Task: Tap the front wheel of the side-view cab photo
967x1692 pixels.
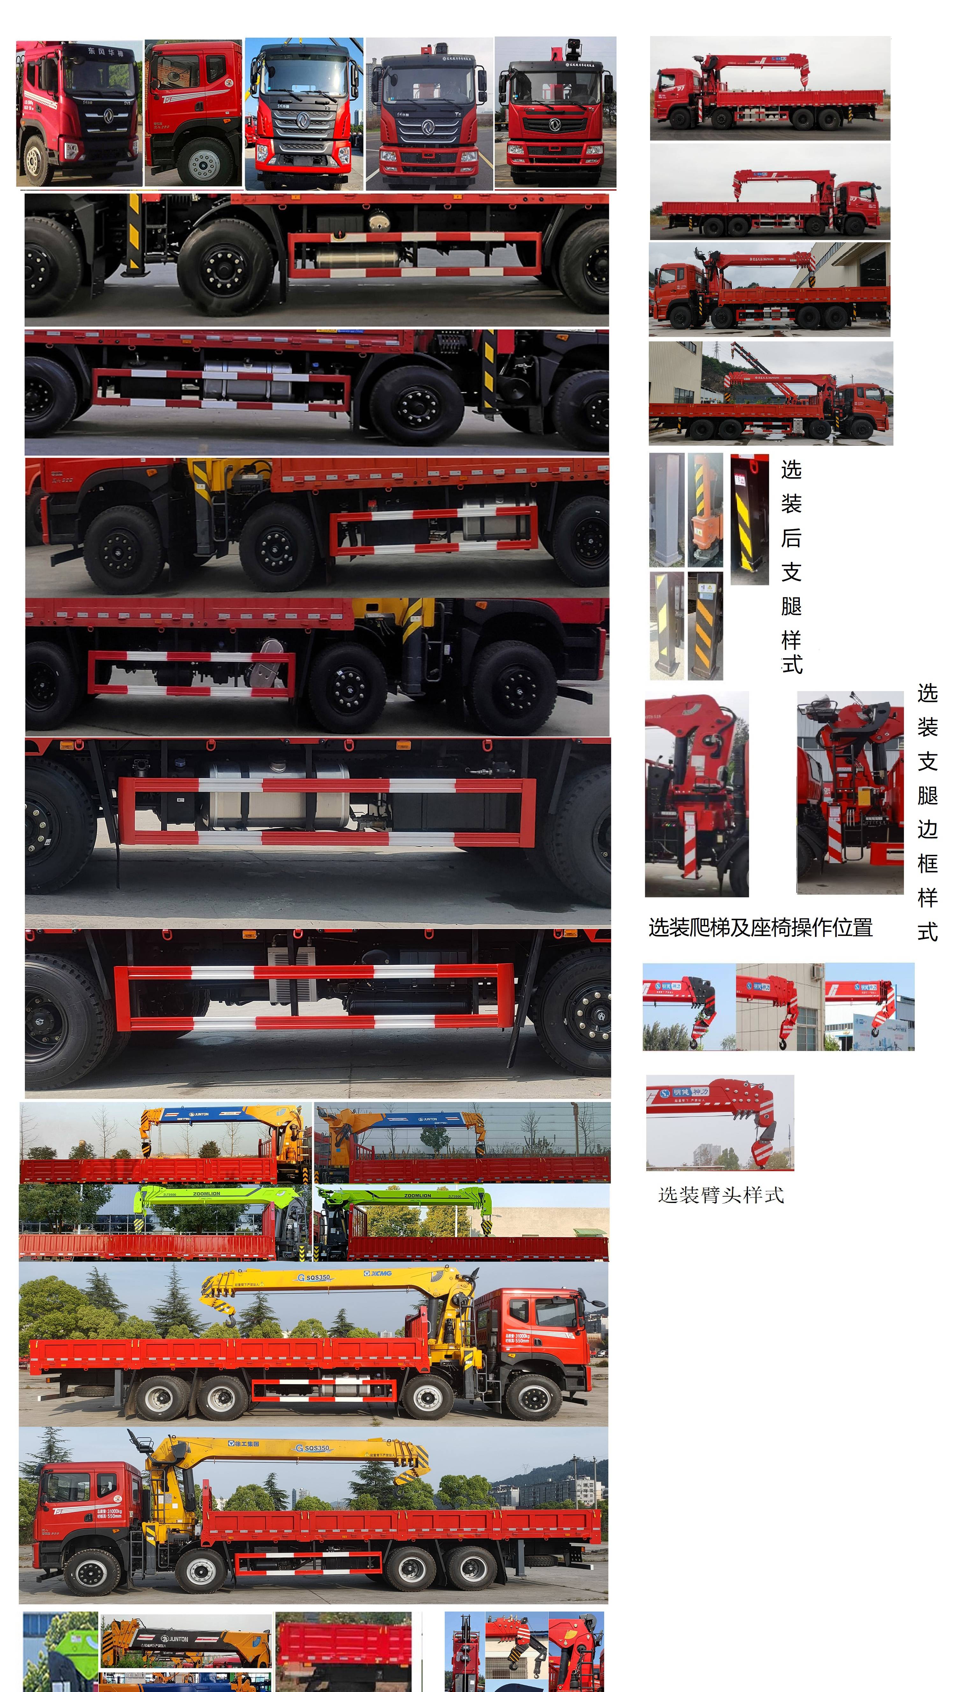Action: [x=204, y=162]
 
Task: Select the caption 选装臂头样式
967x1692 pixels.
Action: [x=720, y=1195]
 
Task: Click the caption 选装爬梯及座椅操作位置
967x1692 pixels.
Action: [x=761, y=927]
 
